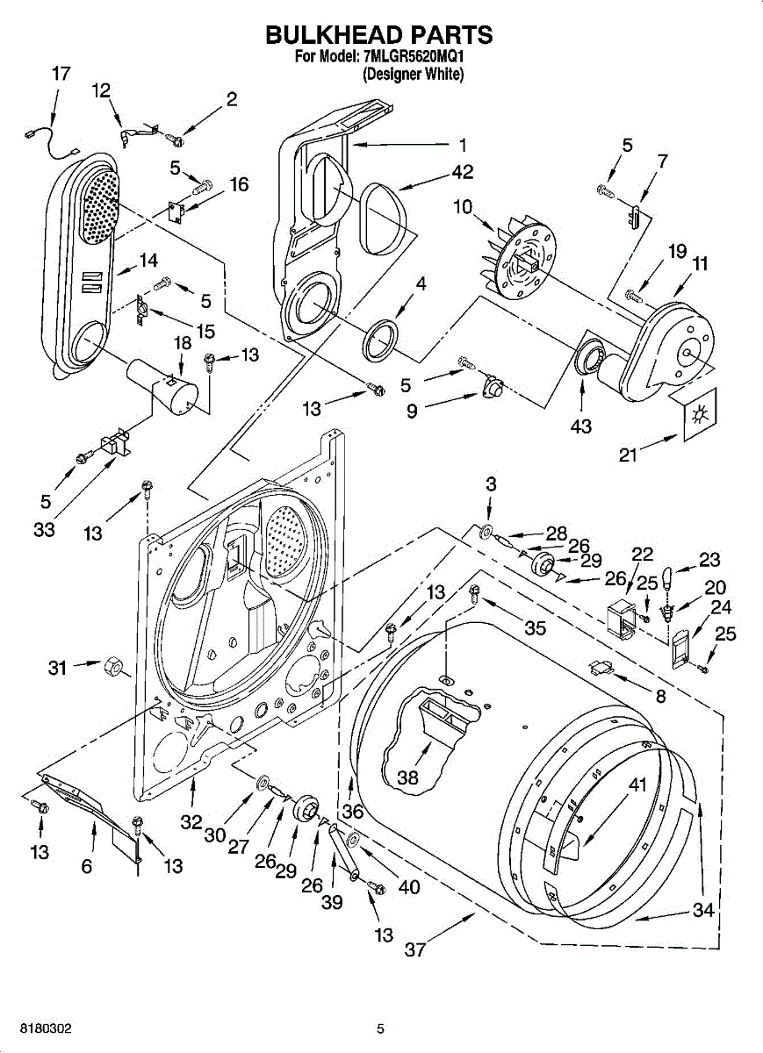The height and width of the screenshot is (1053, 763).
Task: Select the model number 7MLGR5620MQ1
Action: click(413, 57)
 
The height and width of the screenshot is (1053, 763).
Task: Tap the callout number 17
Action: click(61, 74)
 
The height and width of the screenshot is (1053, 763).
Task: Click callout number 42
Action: click(462, 172)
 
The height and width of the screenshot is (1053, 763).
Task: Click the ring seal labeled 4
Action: click(381, 340)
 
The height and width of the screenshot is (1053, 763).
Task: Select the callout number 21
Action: click(628, 455)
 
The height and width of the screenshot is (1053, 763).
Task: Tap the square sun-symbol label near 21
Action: click(700, 414)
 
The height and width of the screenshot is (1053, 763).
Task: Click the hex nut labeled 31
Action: click(112, 666)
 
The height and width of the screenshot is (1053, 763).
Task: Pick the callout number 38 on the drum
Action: click(407, 777)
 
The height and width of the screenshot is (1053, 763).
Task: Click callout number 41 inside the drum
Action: click(637, 784)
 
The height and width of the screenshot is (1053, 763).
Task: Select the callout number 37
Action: click(415, 950)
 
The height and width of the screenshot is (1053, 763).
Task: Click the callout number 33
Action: click(44, 530)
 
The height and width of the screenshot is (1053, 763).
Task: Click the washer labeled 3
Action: click(486, 532)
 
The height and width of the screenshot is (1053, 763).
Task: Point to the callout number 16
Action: click(239, 185)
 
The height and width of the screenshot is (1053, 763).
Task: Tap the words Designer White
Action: click(413, 75)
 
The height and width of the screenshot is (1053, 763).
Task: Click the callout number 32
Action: click(191, 822)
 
